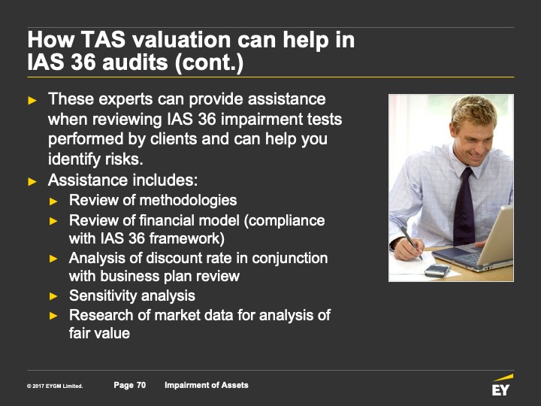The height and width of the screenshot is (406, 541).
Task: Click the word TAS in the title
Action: [103, 39]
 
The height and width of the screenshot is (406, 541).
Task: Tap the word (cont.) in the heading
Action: [209, 63]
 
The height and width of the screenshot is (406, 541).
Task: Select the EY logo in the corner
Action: [502, 385]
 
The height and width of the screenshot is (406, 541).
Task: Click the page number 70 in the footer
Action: [141, 385]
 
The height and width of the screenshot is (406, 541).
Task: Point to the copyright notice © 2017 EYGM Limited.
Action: [55, 386]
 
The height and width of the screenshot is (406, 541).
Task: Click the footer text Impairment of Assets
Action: [207, 385]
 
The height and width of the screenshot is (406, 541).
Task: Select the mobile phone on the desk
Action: [437, 271]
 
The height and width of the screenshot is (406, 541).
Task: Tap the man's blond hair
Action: [474, 110]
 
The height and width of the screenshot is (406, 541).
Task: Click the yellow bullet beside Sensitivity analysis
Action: [53, 296]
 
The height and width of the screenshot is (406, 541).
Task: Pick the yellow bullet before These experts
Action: [32, 101]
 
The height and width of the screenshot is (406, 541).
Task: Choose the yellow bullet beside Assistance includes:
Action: [32, 182]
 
